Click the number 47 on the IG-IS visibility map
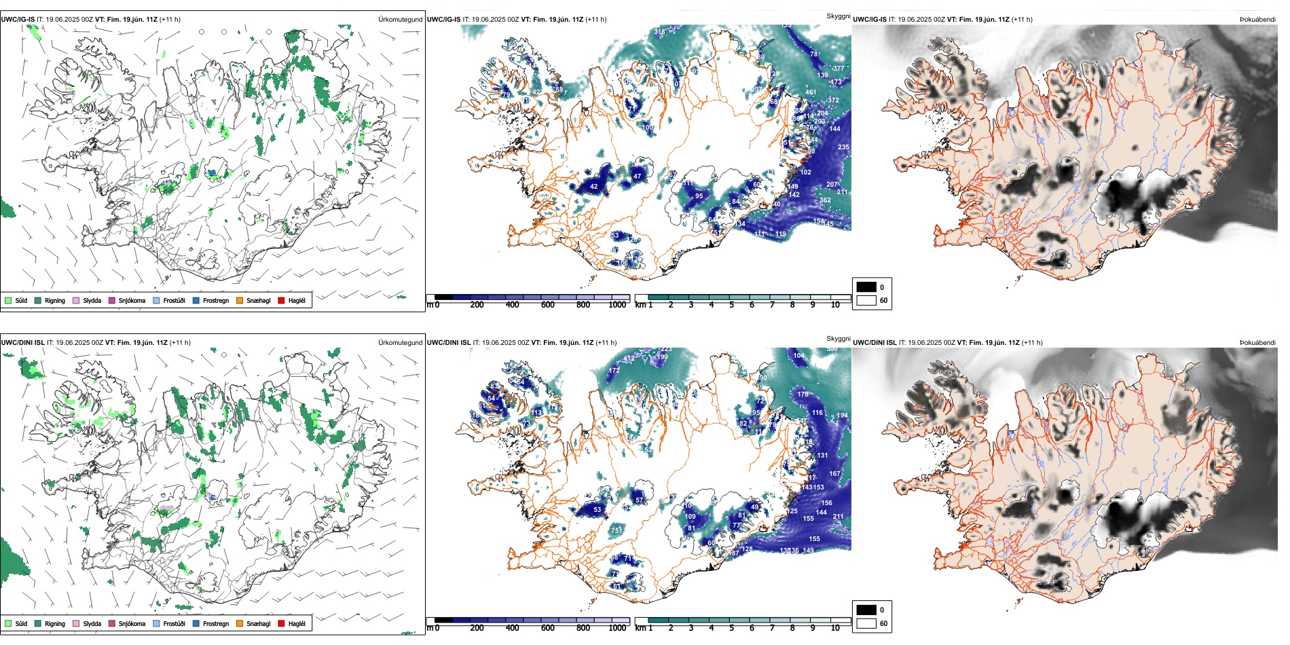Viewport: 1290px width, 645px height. [x=637, y=177]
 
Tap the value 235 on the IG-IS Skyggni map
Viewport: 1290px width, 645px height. [x=843, y=147]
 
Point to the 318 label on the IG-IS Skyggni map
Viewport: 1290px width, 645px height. [x=660, y=32]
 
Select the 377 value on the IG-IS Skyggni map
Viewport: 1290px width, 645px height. [x=838, y=69]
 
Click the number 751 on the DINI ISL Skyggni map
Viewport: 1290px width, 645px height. [x=616, y=530]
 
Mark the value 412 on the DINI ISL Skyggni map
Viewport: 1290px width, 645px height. [x=629, y=358]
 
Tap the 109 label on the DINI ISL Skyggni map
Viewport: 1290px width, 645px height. [x=690, y=517]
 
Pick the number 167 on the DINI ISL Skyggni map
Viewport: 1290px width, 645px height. [x=834, y=474]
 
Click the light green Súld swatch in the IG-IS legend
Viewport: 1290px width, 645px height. [x=8, y=301]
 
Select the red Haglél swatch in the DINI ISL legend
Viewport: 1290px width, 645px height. [x=281, y=624]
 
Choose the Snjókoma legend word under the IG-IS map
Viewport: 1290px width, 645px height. [x=132, y=301]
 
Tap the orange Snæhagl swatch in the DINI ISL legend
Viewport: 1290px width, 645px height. [x=240, y=624]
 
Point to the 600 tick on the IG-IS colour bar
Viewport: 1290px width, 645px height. [x=547, y=306]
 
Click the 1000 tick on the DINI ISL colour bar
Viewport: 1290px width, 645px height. [x=617, y=629]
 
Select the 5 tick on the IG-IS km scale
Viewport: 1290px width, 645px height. [x=731, y=306]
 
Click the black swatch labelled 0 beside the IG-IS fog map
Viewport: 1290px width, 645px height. [x=866, y=287]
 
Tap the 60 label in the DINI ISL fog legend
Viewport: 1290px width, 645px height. [x=883, y=623]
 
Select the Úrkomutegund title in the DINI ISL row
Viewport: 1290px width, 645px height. [x=400, y=343]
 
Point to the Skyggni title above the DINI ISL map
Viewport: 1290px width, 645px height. [x=838, y=339]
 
